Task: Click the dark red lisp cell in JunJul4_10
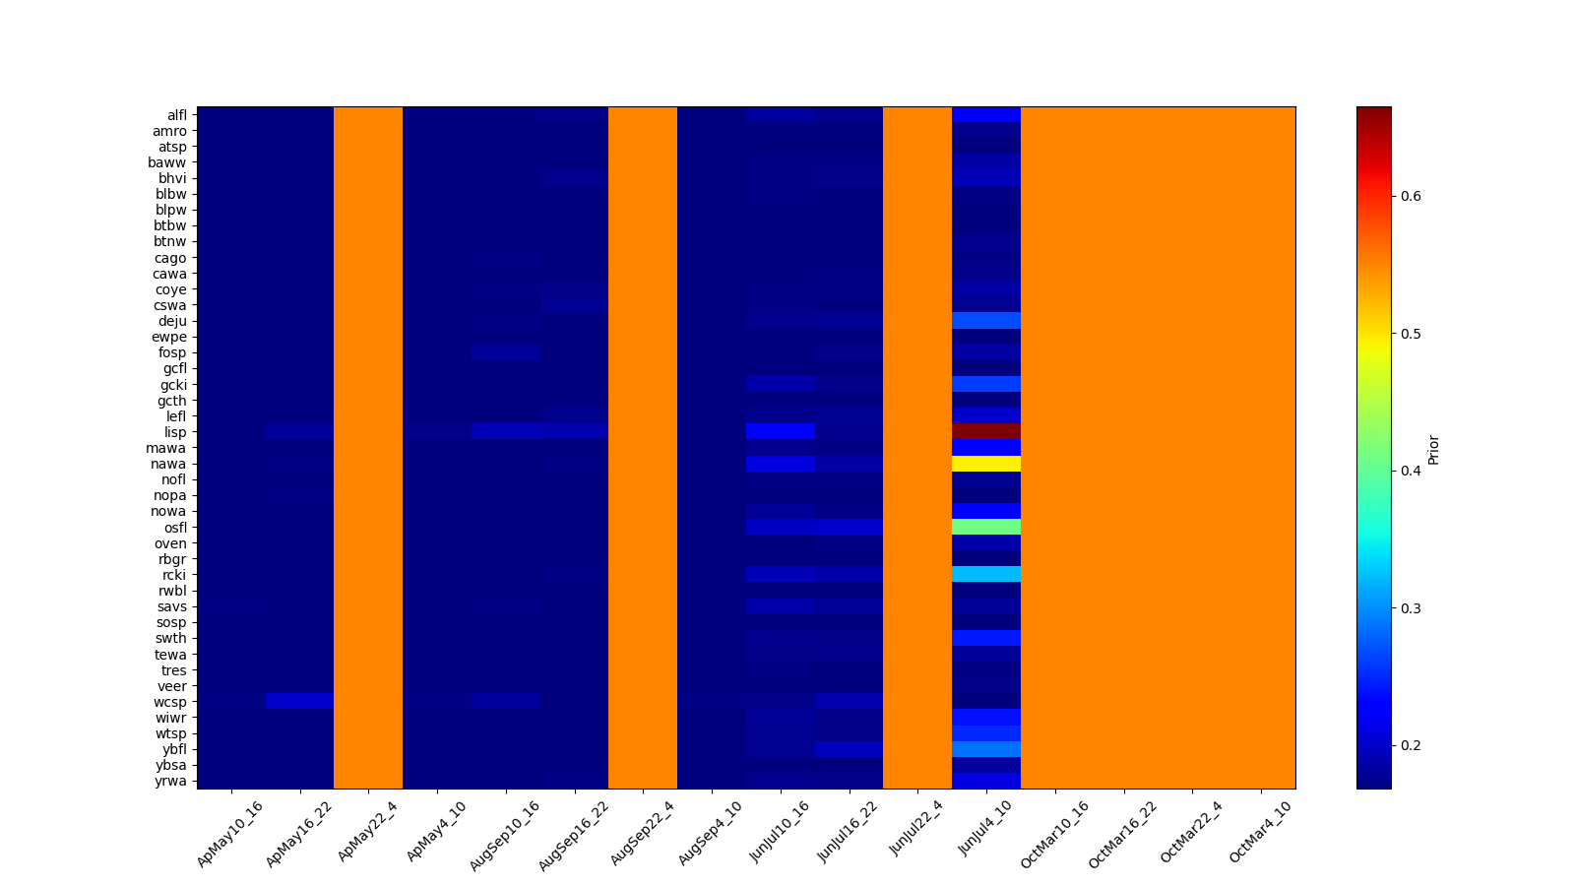pos(985,431)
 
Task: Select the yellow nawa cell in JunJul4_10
pos(985,464)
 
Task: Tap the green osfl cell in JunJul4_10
pos(985,527)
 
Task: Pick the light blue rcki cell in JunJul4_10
pos(985,574)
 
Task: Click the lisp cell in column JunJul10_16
pos(781,431)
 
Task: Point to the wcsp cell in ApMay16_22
pos(299,701)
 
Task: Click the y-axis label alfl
pos(176,115)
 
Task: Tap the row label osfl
pos(174,528)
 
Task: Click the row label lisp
pos(175,432)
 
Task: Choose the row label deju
pos(172,321)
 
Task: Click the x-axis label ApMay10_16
pos(230,833)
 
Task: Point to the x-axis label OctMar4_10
pos(1260,833)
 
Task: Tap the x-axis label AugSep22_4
pos(642,833)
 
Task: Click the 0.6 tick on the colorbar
pos(1411,196)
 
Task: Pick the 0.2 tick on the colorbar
pos(1411,745)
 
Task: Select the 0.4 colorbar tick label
pos(1411,471)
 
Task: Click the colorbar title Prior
pos(1433,448)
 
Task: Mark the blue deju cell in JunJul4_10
pos(985,321)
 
